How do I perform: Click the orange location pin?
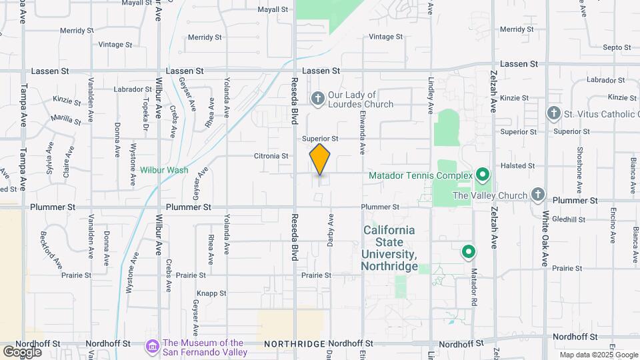(320, 159)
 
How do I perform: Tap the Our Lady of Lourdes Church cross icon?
(317, 99)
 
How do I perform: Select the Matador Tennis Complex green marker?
(483, 176)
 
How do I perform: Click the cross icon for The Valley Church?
(538, 195)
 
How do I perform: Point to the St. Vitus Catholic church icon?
(553, 114)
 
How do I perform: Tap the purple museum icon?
(153, 347)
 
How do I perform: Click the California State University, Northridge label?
(389, 248)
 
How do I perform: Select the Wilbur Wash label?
(164, 170)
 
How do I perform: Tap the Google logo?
(22, 351)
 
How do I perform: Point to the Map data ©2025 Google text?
(599, 355)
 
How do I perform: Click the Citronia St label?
(271, 156)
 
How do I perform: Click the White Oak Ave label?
(545, 239)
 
